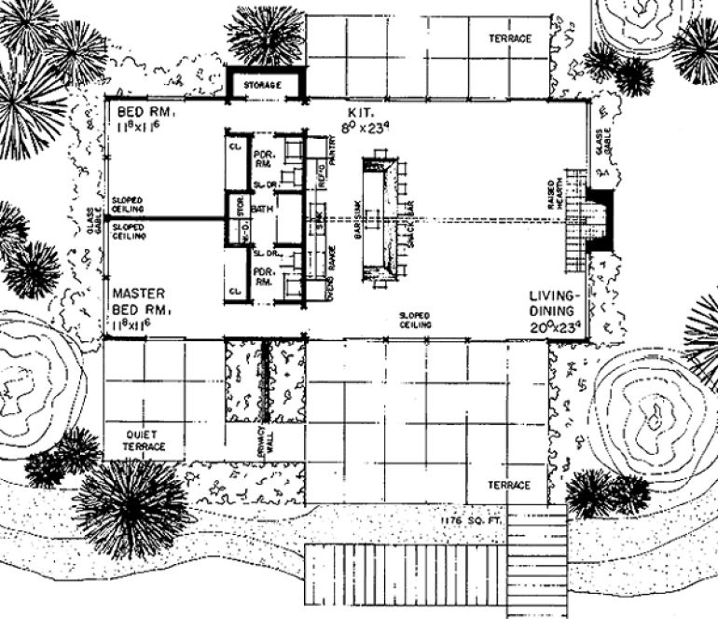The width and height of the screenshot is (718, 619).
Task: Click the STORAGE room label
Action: (x=263, y=86)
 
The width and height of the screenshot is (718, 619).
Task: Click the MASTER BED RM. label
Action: (x=141, y=300)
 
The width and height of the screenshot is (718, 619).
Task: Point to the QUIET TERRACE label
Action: (x=145, y=441)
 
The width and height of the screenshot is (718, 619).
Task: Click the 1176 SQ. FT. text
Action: (x=477, y=519)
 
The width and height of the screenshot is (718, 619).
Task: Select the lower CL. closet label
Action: (x=234, y=292)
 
